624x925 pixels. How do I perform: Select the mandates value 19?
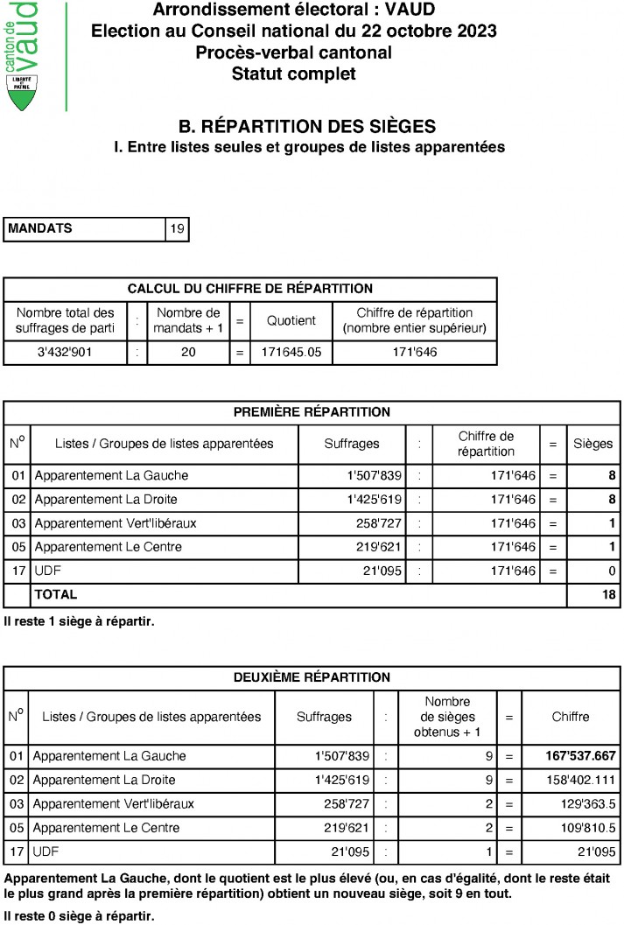tap(177, 229)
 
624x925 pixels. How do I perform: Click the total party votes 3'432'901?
tap(66, 354)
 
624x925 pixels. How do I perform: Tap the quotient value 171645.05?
tap(291, 354)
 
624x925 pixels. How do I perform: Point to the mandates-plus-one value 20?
tap(188, 354)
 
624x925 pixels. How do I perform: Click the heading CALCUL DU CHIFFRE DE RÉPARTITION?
tap(250, 289)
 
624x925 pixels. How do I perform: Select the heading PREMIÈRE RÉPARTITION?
tap(312, 412)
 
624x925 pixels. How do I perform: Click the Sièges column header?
tap(592, 444)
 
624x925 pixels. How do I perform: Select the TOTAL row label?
tap(55, 595)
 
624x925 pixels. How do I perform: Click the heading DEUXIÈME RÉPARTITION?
tap(312, 677)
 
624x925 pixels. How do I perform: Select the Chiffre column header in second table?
tap(571, 717)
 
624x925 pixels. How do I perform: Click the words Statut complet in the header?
tap(293, 74)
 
